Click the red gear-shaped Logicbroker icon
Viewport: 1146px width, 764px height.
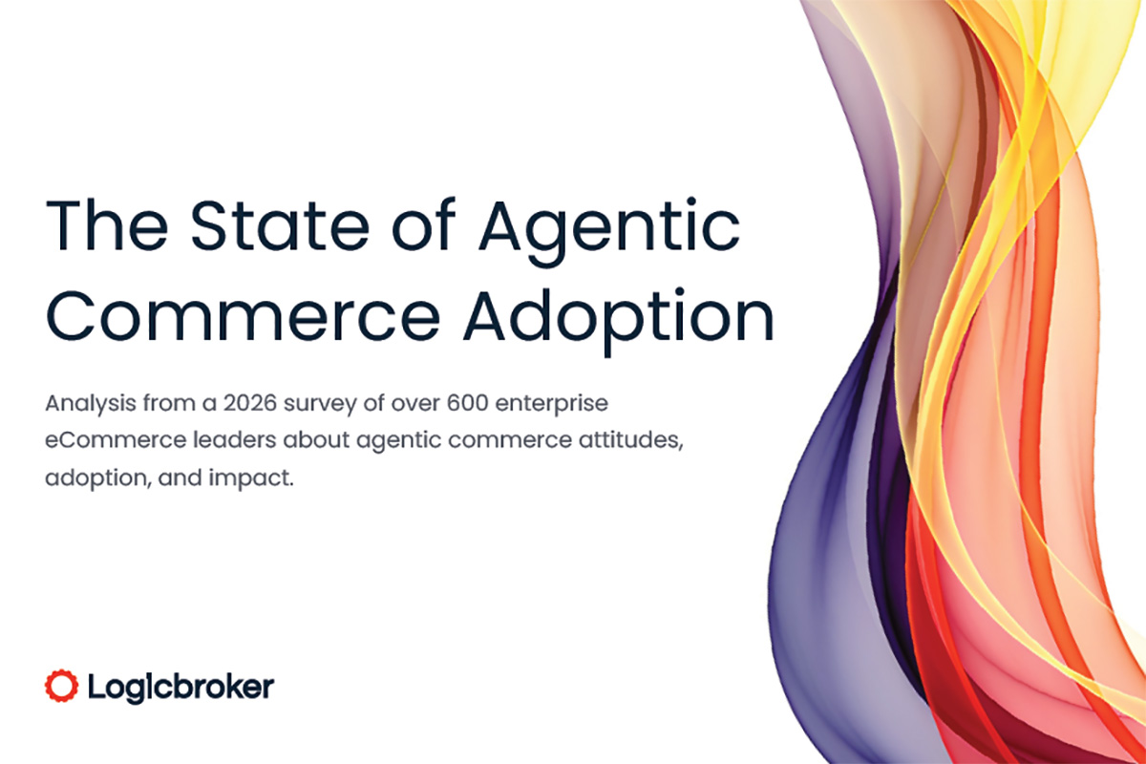[61, 684]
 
